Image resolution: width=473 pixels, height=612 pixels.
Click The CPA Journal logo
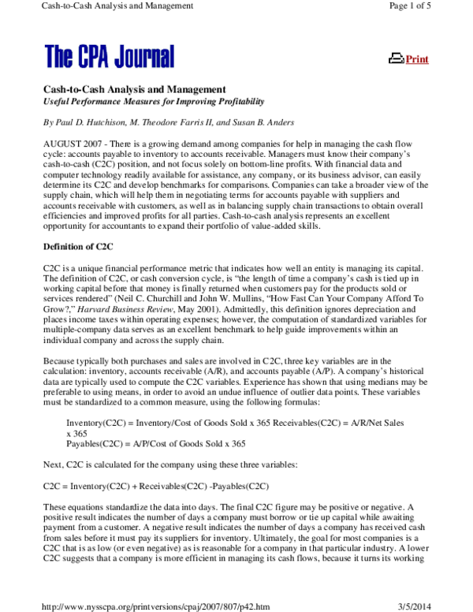click(110, 56)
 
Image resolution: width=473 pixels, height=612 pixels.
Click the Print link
click(416, 59)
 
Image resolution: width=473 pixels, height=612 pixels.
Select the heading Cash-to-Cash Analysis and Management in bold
click(135, 90)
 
